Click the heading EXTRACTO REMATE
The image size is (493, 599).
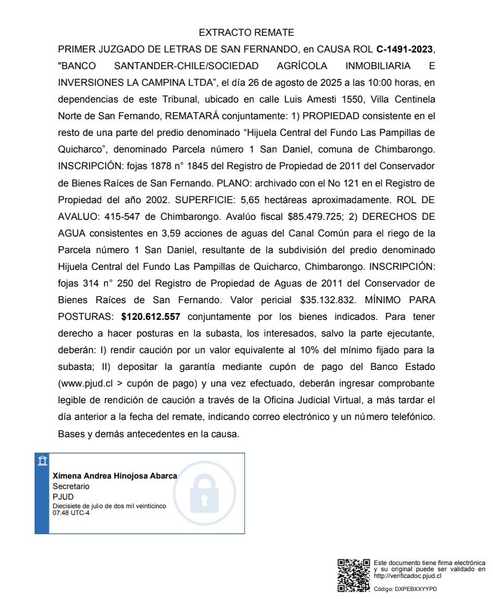[246, 33]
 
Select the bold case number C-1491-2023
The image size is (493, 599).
[406, 49]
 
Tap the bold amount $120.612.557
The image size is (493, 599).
[151, 317]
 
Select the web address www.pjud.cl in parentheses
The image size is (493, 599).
[86, 383]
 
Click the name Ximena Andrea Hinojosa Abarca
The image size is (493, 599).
[115, 475]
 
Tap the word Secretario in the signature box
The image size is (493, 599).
[71, 486]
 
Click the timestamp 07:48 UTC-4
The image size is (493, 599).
[71, 513]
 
